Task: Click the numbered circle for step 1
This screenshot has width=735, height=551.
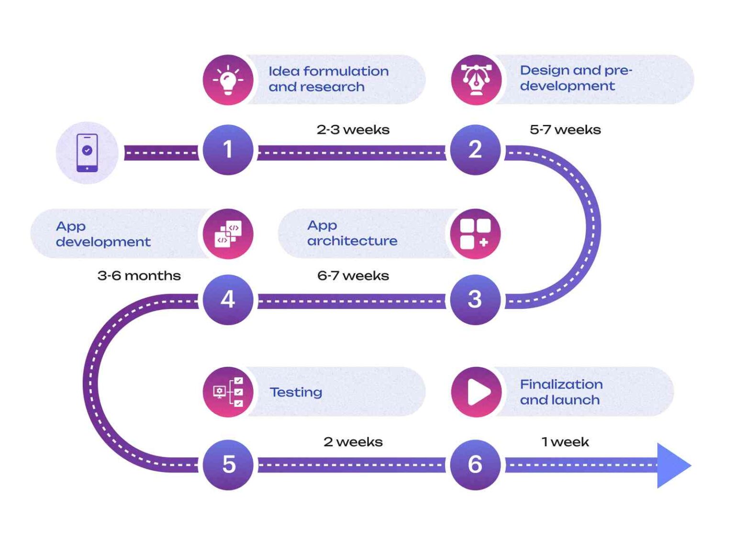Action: coord(228,150)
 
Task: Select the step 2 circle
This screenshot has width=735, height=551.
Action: coord(475,150)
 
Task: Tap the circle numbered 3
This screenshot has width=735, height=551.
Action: coord(475,299)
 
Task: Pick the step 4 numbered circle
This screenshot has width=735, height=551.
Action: coord(228,299)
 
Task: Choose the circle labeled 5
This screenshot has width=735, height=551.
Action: coord(228,464)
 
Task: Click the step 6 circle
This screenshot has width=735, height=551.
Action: coord(475,464)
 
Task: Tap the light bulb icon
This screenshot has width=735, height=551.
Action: coord(228,79)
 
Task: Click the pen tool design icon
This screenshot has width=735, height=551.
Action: coord(476,79)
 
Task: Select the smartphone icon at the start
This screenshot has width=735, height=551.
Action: coord(87,153)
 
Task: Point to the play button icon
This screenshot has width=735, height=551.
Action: coord(477,392)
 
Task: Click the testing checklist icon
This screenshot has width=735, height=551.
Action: coord(228,392)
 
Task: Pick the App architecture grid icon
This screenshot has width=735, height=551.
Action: coord(475,234)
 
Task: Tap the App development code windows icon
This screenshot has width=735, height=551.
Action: coord(228,234)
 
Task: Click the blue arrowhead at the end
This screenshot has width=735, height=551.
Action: coord(672,465)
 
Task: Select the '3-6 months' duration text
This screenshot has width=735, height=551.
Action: coord(139,276)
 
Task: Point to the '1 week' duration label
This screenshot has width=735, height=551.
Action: coord(565,442)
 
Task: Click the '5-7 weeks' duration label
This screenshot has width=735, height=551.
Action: coord(565,130)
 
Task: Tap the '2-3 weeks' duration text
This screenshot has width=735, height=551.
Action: coord(353,130)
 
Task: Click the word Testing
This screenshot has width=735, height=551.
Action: coord(296,392)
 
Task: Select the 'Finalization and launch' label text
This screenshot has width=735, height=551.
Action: coord(561,392)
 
